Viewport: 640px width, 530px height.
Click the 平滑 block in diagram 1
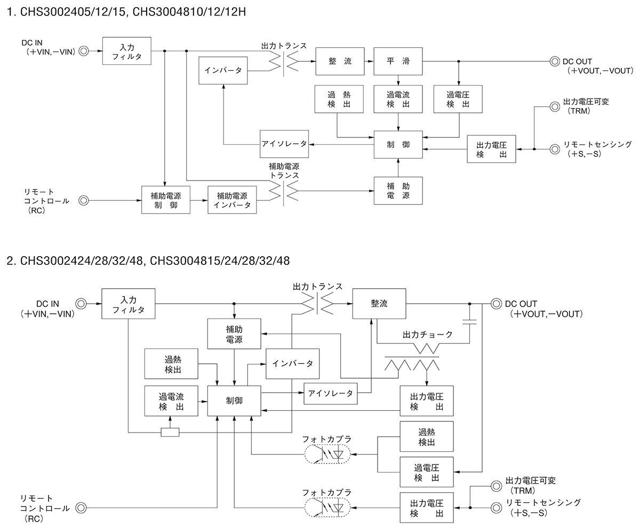pos(398,61)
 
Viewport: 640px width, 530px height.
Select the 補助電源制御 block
pos(165,200)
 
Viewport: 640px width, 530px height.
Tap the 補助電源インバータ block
pos(232,200)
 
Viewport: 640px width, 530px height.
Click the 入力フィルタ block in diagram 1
pos(126,51)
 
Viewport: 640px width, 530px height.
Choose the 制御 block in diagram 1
pos(398,144)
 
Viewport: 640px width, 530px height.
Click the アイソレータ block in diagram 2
pos(331,393)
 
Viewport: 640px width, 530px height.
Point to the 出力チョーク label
pos(427,335)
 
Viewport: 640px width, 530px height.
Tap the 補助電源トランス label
pos(284,170)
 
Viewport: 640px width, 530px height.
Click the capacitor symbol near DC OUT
pos(470,322)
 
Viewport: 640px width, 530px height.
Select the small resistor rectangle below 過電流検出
pos(170,432)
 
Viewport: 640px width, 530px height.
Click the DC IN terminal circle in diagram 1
pos(84,51)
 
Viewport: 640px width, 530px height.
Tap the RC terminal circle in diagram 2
pos(81,508)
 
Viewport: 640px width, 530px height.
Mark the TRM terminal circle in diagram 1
pos(554,105)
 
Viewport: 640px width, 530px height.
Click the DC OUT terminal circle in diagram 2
pos(495,304)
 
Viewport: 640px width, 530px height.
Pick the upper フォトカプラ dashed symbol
pos(327,455)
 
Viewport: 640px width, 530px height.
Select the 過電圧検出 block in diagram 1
pos(459,99)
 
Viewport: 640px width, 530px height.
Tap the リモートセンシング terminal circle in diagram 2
pos(495,507)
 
